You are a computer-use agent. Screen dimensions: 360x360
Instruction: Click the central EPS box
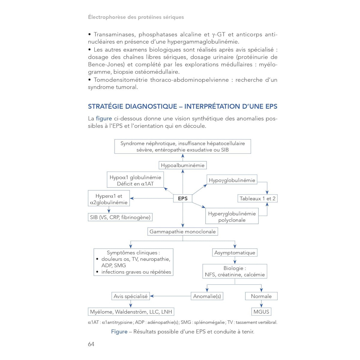pos(183,198)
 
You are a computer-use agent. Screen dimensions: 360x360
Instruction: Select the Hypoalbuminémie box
pos(183,165)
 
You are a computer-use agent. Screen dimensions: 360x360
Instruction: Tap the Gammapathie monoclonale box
pos(183,232)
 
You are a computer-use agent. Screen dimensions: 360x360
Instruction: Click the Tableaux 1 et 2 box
pos(257,198)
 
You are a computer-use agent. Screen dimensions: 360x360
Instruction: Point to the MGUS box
pos(261,312)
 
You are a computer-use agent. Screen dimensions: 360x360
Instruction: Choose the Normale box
pos(261,296)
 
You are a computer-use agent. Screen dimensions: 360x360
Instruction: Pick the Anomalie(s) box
pos(207,296)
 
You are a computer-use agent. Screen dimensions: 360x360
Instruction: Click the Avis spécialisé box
pos(130,296)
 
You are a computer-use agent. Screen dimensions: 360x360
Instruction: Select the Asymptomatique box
pos(235,253)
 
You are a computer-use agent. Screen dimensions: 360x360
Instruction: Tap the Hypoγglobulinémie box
pos(232,180)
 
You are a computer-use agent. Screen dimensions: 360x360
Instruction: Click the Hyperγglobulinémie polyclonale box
pos(232,217)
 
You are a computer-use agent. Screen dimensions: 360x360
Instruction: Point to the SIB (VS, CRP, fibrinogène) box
pos(120,217)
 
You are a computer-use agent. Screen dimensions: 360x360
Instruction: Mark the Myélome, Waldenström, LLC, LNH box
pos(131,312)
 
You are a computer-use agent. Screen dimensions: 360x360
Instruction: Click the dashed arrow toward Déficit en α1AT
pos(169,191)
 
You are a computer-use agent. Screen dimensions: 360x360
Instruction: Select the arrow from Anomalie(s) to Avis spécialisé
pos(170,296)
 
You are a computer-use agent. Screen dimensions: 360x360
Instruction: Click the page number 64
pos(91,344)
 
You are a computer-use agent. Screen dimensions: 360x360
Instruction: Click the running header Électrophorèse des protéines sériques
pos(136,17)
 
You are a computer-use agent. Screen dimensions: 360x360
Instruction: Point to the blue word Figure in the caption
pos(119,331)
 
